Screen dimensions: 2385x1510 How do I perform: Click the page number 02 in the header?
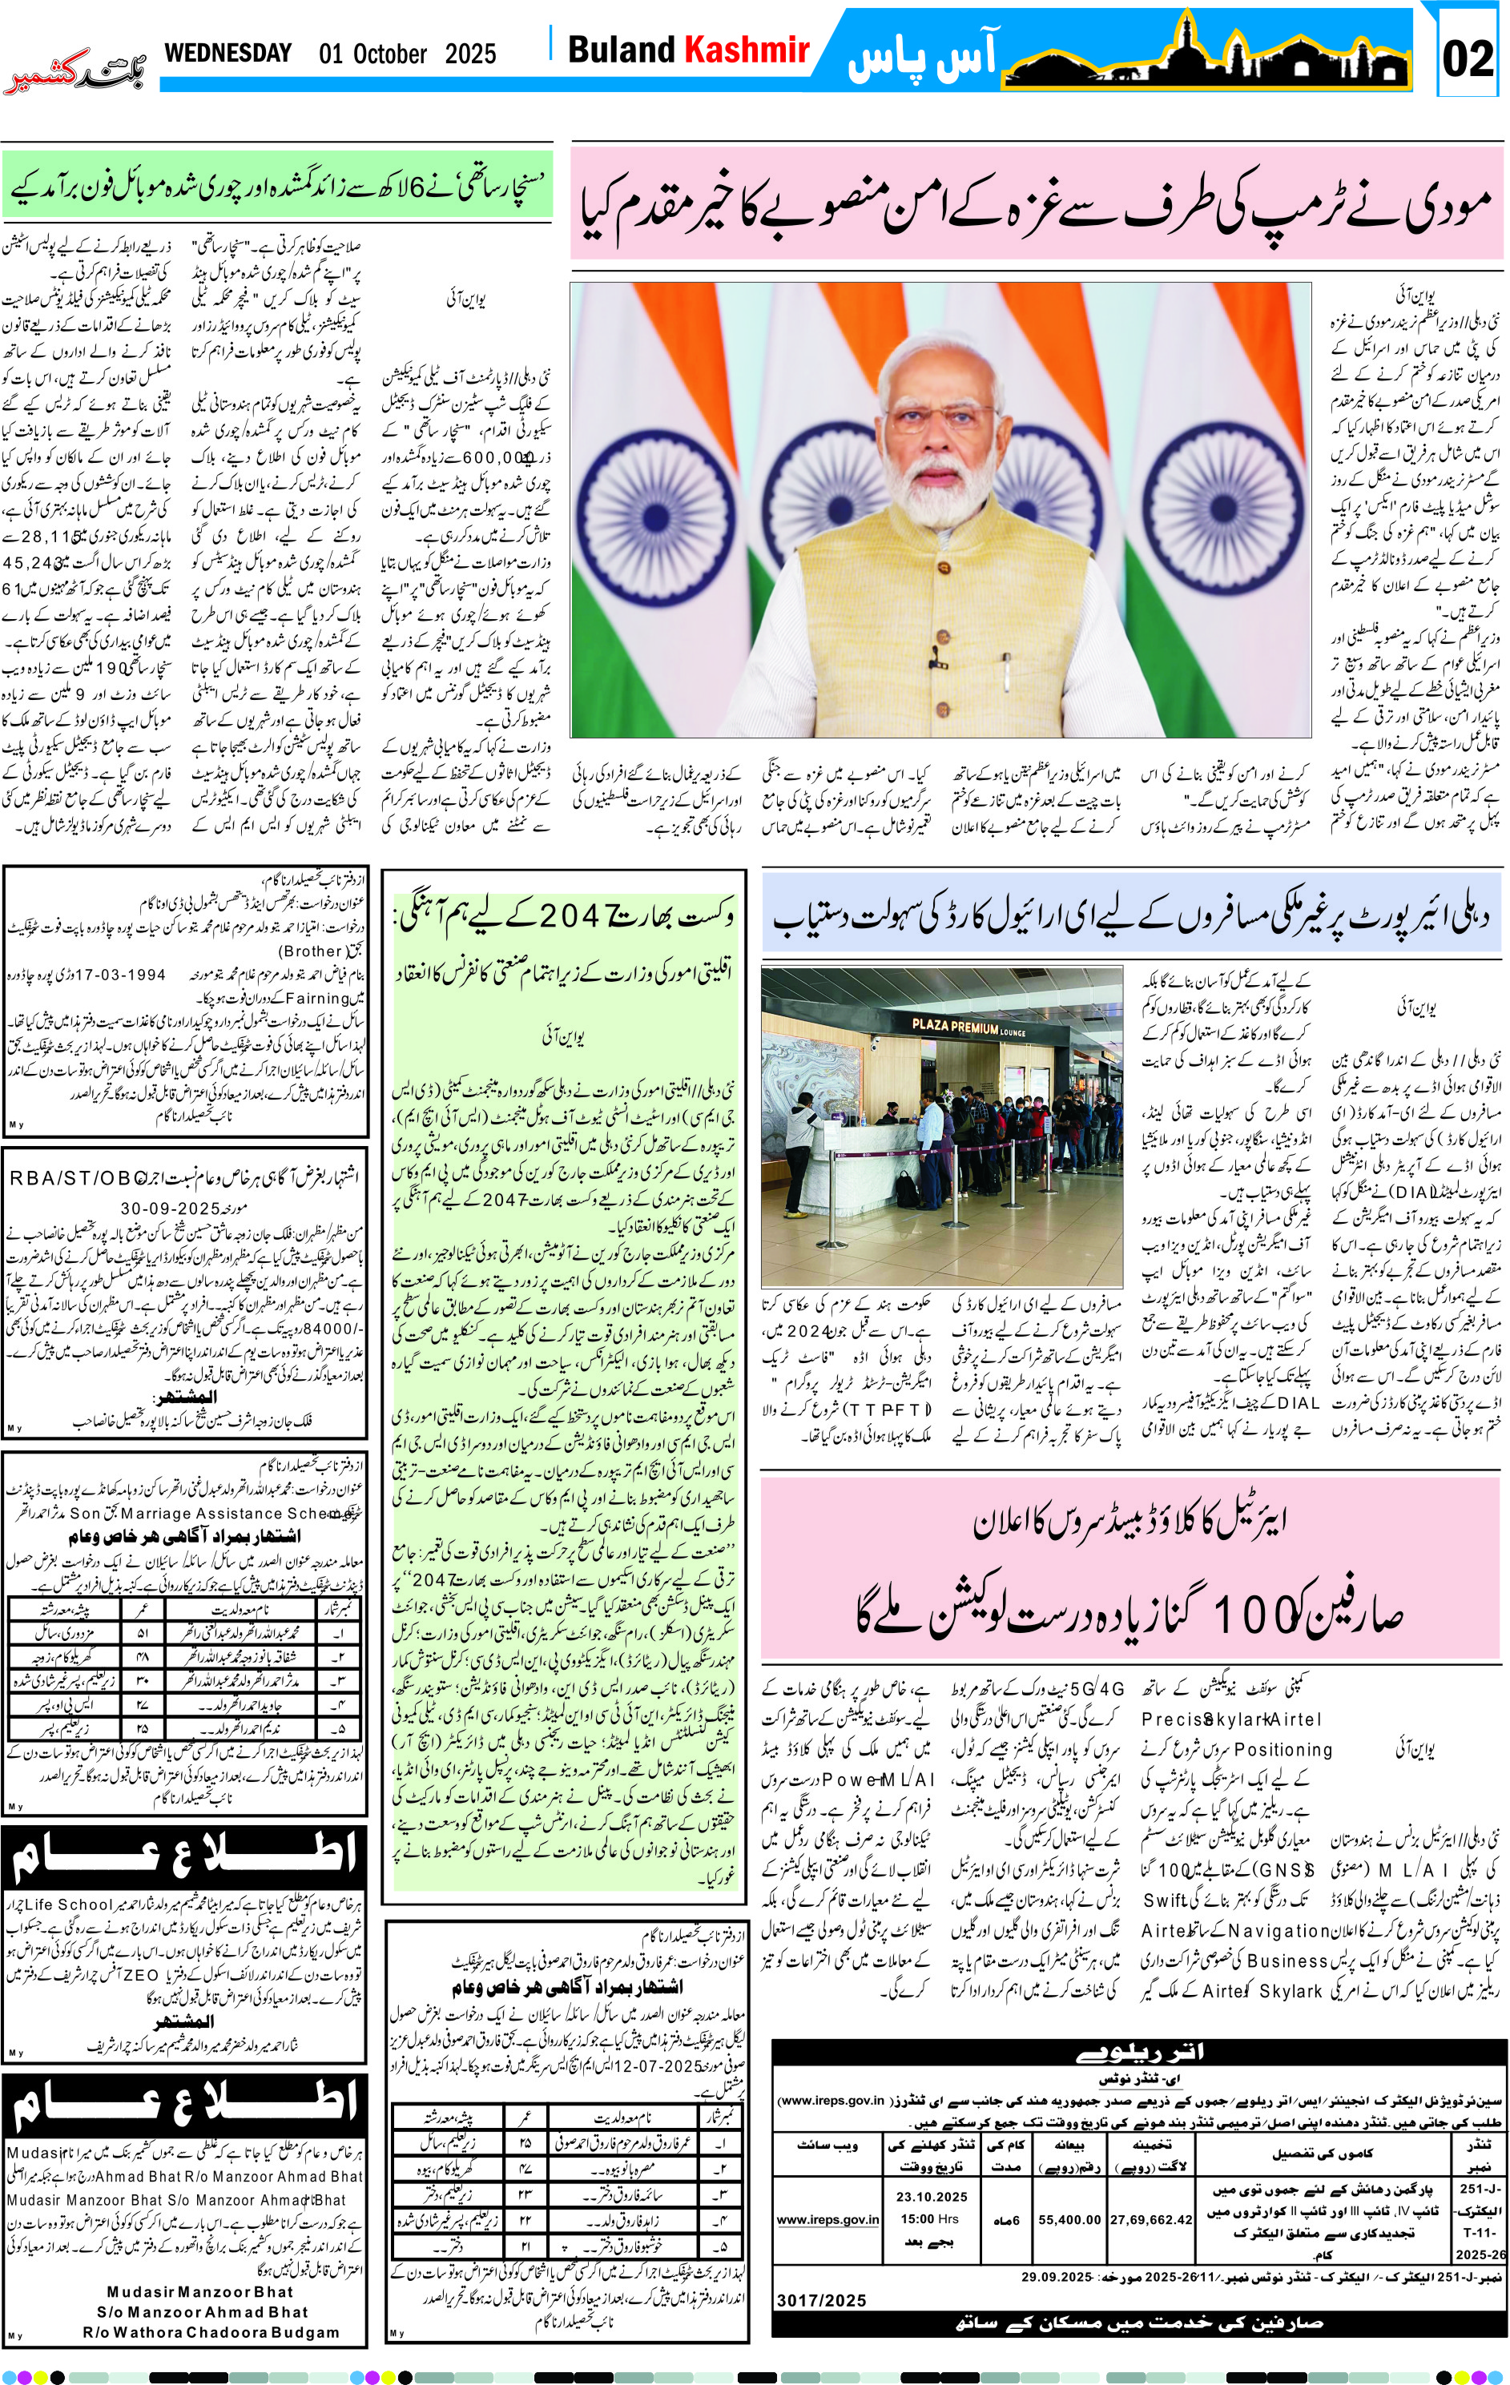point(1467,58)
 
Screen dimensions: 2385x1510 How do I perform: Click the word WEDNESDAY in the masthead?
point(228,53)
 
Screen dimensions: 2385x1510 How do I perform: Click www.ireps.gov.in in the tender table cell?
point(827,2219)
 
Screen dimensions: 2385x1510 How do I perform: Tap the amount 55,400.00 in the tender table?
point(1069,2219)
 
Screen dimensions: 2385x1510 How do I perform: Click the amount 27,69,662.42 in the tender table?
point(1150,2219)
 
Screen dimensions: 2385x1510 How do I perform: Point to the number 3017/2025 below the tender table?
point(820,2300)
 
